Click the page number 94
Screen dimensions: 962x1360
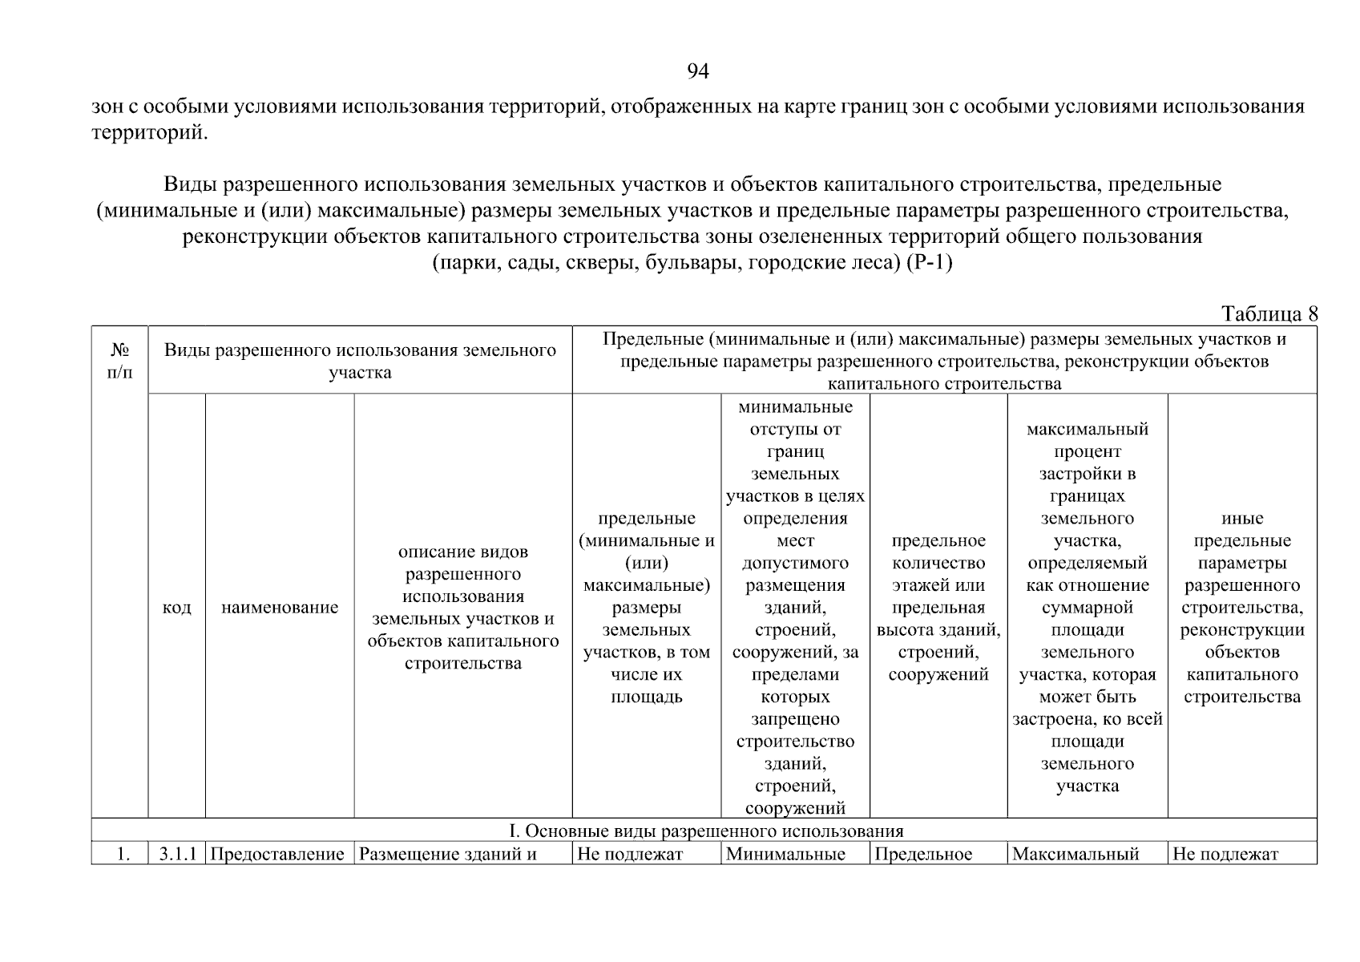[698, 72]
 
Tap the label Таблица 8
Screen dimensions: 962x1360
[1269, 313]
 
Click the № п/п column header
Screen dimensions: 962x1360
[119, 361]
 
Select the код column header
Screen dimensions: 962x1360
[176, 608]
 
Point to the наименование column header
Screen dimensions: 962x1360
[280, 608]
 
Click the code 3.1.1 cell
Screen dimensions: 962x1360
[176, 855]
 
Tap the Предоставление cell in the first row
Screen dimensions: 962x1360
[277, 855]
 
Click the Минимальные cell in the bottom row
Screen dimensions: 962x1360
[785, 855]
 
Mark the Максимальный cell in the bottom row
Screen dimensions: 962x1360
[1075, 855]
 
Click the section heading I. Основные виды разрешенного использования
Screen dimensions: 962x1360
[706, 831]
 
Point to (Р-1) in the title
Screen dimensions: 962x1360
[929, 263]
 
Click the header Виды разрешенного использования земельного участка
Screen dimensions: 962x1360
[360, 361]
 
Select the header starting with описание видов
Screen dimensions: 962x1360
[463, 608]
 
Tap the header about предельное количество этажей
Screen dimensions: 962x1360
[938, 608]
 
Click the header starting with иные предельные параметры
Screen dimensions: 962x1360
[1242, 608]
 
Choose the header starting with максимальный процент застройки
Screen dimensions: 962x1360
[1088, 608]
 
